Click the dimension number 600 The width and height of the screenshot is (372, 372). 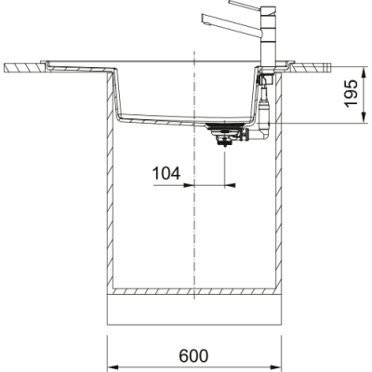pyautogui.click(x=193, y=357)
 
